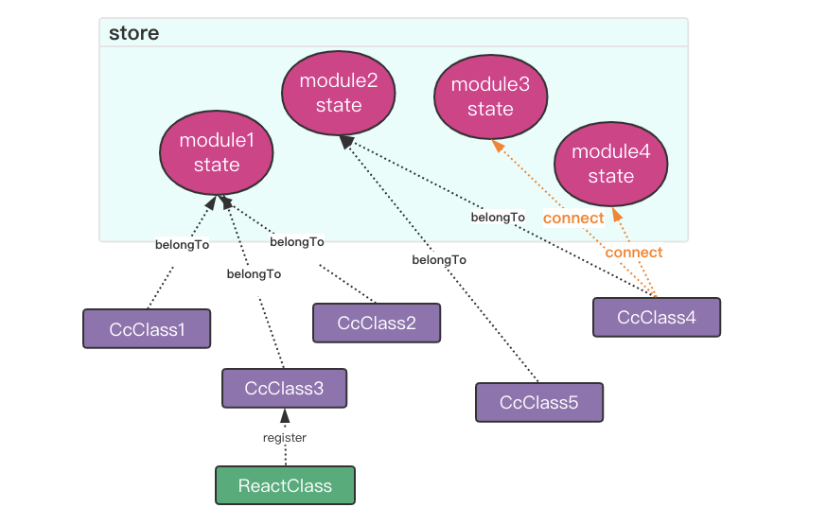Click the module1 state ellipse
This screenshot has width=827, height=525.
pyautogui.click(x=217, y=152)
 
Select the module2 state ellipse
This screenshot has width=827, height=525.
pyautogui.click(x=339, y=93)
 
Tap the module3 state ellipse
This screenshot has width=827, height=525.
pyautogui.click(x=490, y=96)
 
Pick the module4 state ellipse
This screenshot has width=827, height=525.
pyautogui.click(x=610, y=164)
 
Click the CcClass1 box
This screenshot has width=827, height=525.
pyautogui.click(x=147, y=329)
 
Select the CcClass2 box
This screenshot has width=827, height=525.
pyautogui.click(x=377, y=323)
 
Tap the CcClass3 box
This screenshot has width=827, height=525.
pyautogui.click(x=284, y=388)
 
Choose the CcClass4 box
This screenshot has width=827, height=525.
pyautogui.click(x=657, y=317)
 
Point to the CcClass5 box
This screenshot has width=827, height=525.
pyautogui.click(x=539, y=403)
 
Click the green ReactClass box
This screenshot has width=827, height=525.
pyautogui.click(x=286, y=485)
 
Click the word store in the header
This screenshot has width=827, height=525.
pyautogui.click(x=134, y=33)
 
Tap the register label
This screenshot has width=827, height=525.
pyautogui.click(x=285, y=437)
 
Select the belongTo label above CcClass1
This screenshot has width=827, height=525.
pyautogui.click(x=182, y=245)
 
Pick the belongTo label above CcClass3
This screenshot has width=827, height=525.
pyautogui.click(x=254, y=274)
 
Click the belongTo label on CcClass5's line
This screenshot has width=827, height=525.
pyautogui.click(x=439, y=260)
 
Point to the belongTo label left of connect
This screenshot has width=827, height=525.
pyautogui.click(x=498, y=218)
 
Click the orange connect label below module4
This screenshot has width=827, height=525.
pyautogui.click(x=634, y=253)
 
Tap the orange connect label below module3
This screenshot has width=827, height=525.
pyautogui.click(x=573, y=219)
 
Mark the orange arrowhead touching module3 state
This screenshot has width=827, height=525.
pyautogui.click(x=498, y=145)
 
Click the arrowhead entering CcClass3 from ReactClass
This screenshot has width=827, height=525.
pyautogui.click(x=285, y=415)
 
